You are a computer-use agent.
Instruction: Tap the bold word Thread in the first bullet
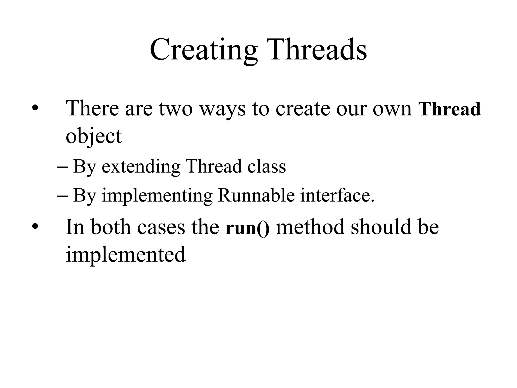click(450, 109)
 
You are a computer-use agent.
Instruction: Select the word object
click(94, 136)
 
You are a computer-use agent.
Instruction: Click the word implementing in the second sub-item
click(157, 196)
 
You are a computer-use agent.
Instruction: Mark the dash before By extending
click(62, 167)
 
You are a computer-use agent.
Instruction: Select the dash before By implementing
click(62, 196)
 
